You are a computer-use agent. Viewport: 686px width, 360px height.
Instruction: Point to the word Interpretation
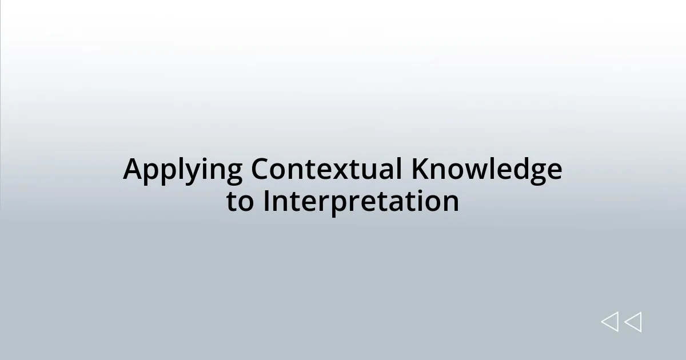[x=361, y=202]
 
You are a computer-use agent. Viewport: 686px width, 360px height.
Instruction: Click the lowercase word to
[x=240, y=202]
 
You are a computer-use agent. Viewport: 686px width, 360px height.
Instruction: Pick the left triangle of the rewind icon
[x=610, y=322]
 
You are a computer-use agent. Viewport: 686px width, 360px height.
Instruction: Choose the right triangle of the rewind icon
[x=633, y=322]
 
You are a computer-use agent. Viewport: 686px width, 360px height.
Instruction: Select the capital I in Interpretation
[x=266, y=201]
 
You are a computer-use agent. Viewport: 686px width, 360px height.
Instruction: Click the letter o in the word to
[x=245, y=203]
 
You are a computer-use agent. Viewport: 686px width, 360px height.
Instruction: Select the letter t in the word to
[x=232, y=202]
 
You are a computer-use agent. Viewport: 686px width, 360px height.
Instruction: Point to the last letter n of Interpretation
[x=450, y=203]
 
